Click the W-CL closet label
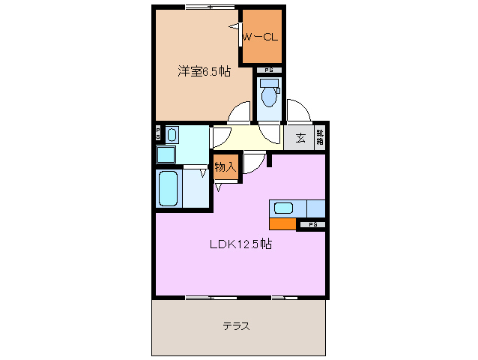coord(261,36)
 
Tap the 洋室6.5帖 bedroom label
coord(203,72)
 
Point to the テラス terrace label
coord(236,326)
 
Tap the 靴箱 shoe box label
coord(320,137)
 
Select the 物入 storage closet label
coord(225,167)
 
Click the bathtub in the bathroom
coord(169,190)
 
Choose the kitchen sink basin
coord(285,208)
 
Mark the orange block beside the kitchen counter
coord(282,223)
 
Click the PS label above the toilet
coord(268,70)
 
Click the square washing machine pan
coord(165,154)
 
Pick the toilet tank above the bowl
coord(269,82)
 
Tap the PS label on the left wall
coord(157,135)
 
